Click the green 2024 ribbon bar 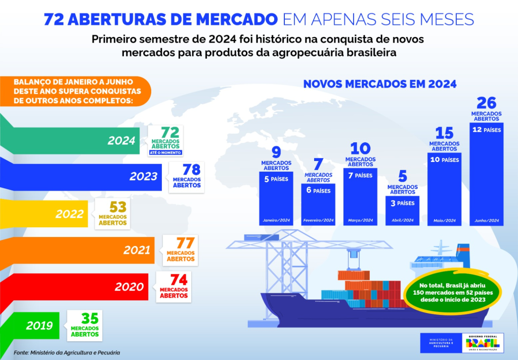coord(71,141)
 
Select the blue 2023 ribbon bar coord(81,177)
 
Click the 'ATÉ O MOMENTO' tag coord(165,152)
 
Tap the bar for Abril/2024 coord(403,211)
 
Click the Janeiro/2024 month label coord(276,221)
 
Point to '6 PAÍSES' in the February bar coord(318,191)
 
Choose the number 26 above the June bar coord(487,103)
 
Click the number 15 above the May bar coord(444,133)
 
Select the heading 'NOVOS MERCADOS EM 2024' coord(380,84)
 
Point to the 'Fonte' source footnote coord(67,352)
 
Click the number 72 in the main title coord(53,19)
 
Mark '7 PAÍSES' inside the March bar coord(361,176)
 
